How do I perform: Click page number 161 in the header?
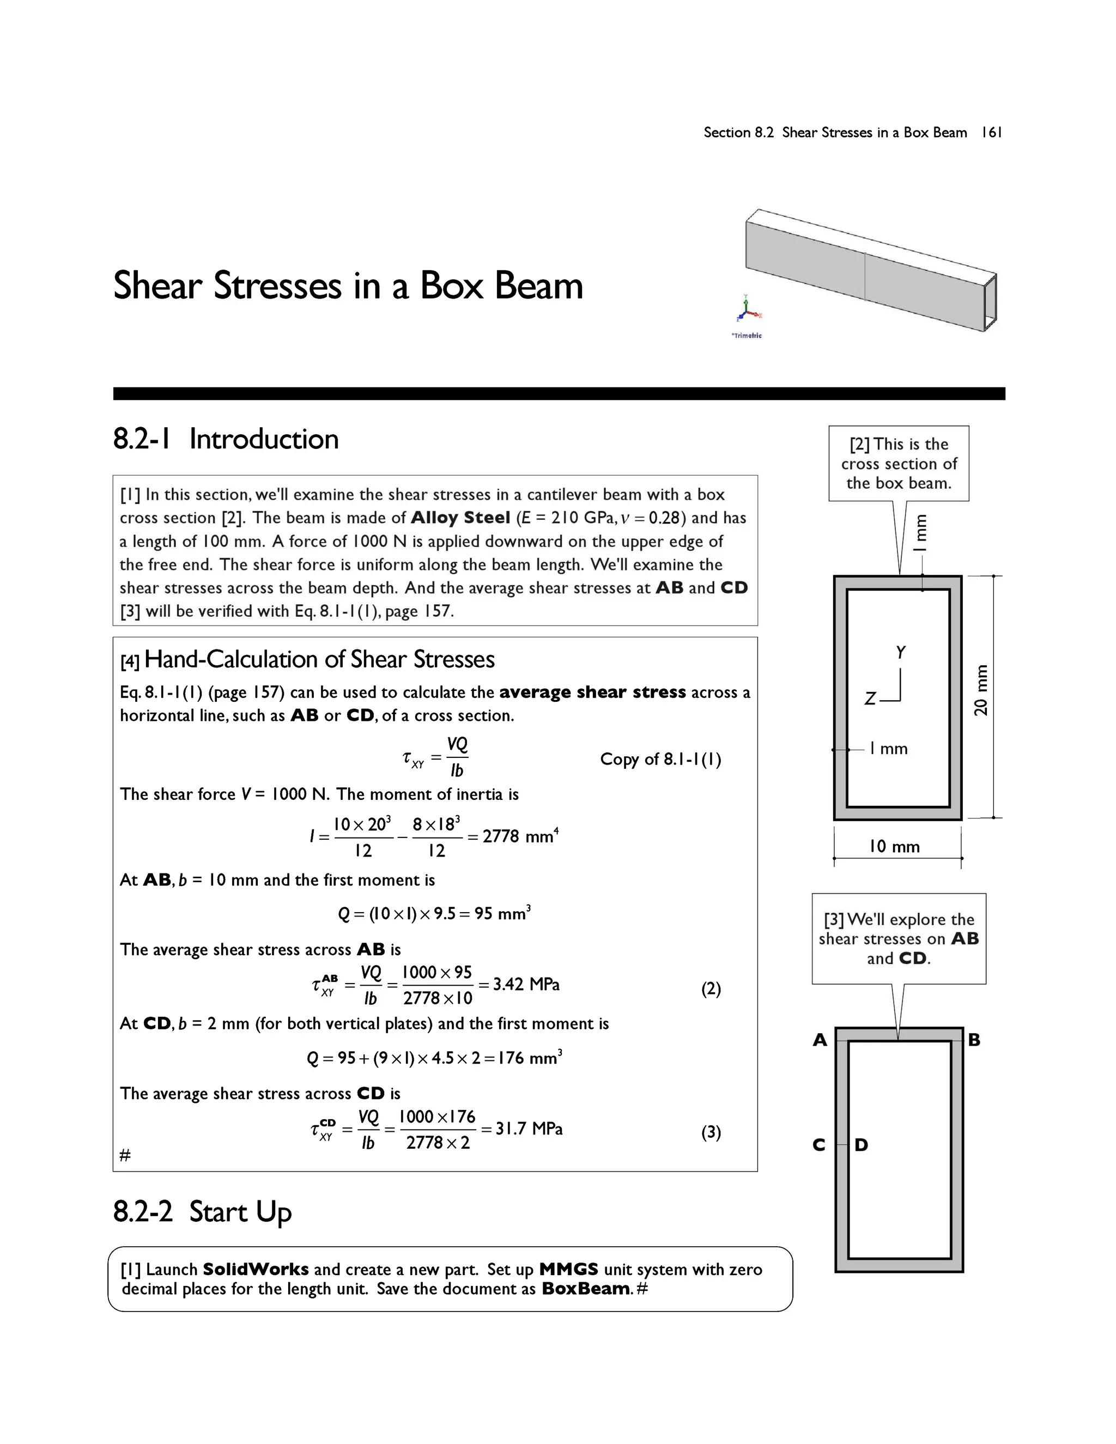tap(992, 132)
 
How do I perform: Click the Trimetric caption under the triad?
tap(747, 336)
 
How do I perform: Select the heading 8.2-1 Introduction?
tap(226, 439)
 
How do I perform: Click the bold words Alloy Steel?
tap(460, 518)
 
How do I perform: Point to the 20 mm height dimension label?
tap(981, 690)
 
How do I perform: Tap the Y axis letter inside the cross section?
tap(900, 653)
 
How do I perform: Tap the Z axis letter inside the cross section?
tap(871, 699)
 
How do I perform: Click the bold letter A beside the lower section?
tap(820, 1040)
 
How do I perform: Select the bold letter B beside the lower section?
tap(974, 1040)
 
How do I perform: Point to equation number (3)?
tap(711, 1133)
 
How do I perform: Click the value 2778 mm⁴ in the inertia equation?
tap(520, 836)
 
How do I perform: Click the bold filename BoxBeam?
tap(586, 1289)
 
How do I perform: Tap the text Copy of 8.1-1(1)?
tap(660, 759)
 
